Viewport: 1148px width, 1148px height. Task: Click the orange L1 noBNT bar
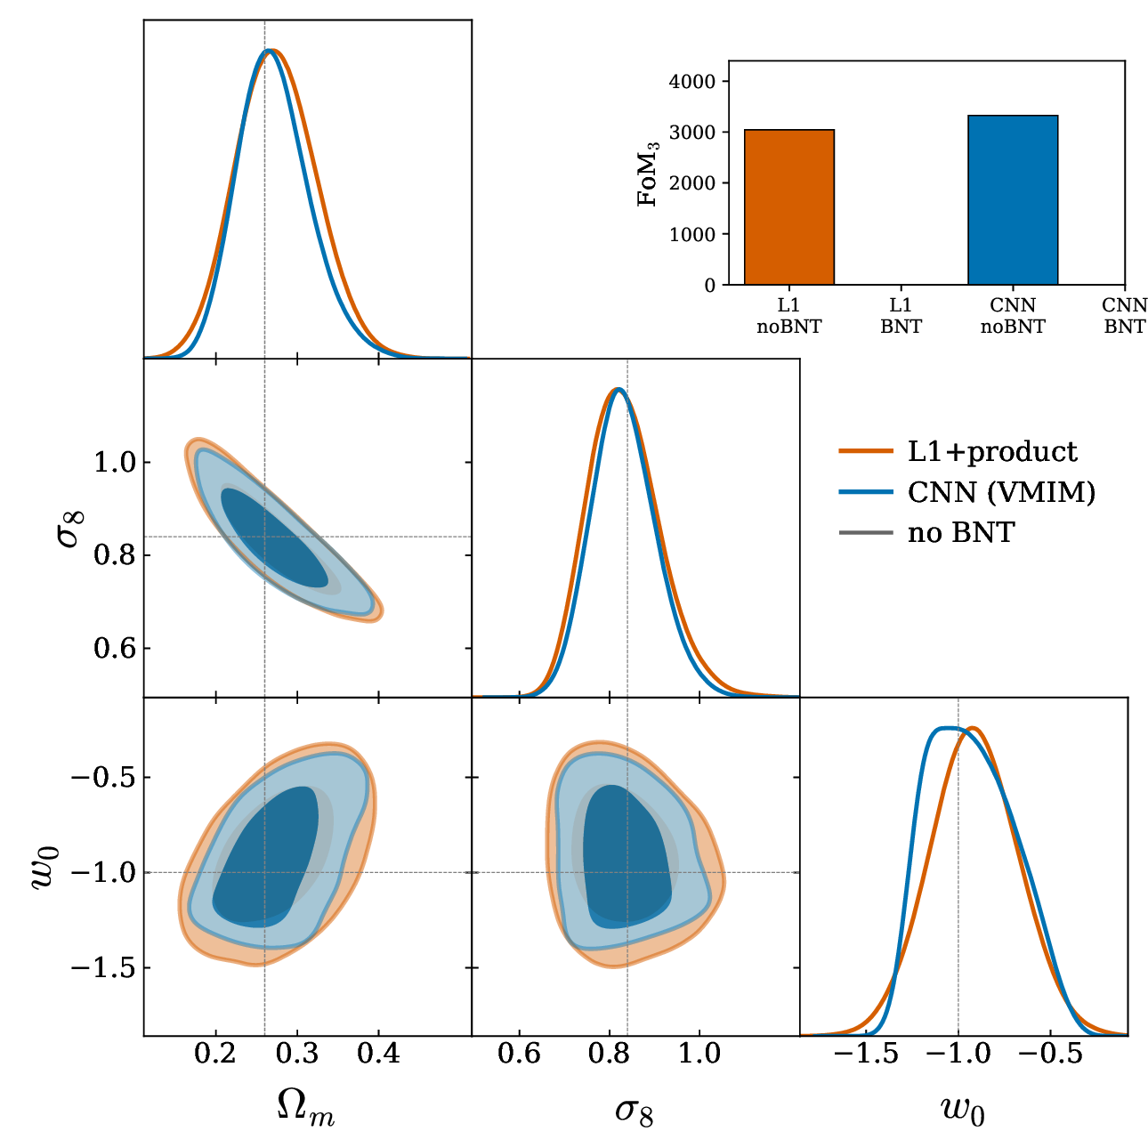[788, 206]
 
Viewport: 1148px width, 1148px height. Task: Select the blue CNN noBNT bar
[1013, 199]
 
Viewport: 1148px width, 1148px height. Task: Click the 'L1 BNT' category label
[901, 316]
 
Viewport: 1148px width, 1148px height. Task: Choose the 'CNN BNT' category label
[1124, 316]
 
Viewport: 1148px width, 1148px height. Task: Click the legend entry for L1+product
[958, 451]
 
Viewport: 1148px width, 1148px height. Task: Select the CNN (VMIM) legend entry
[967, 492]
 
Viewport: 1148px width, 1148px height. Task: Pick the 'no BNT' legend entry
[927, 532]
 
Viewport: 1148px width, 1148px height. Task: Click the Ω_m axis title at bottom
[306, 1109]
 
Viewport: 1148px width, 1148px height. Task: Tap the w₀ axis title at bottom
[963, 1109]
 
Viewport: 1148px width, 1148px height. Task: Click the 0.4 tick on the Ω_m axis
[379, 1055]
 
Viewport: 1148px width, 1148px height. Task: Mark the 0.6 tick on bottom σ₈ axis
[520, 1055]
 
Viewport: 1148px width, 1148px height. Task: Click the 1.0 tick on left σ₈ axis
[115, 462]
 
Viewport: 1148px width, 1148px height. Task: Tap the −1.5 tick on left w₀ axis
[103, 968]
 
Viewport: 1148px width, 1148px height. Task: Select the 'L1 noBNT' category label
[788, 316]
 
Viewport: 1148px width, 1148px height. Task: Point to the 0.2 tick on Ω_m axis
[215, 1055]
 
